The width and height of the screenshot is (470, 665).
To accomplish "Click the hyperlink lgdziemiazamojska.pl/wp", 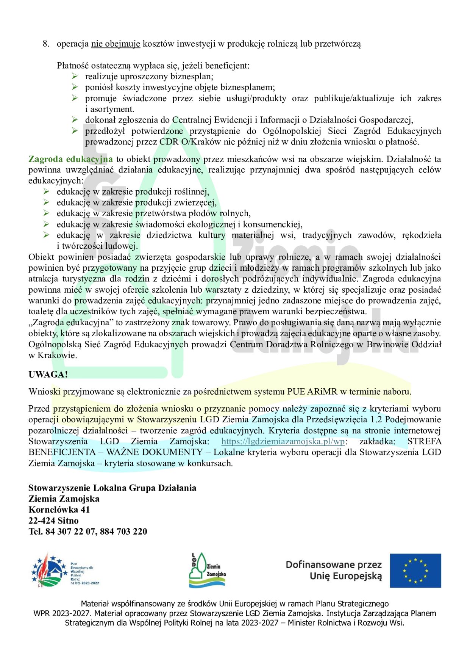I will (283, 441).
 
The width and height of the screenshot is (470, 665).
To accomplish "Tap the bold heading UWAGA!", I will (48, 375).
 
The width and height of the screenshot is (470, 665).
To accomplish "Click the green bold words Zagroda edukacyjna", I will (70, 159).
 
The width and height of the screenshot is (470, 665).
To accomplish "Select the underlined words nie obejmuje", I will (116, 44).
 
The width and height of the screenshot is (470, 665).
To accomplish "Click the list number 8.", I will (46, 44).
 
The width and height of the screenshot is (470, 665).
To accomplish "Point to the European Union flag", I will (415, 570).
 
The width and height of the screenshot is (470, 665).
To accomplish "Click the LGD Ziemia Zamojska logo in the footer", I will (207, 570).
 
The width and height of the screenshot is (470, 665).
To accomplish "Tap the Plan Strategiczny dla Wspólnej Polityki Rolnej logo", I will (65, 570).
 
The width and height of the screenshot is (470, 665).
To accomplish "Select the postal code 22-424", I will (42, 521).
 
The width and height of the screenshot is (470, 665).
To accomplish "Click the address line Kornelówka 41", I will (59, 510).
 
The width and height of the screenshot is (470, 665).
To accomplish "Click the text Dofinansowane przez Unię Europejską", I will (334, 570).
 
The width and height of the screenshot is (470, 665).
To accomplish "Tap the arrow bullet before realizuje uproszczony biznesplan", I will (75, 77).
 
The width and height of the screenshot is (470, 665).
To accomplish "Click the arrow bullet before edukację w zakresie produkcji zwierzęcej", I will (46, 202).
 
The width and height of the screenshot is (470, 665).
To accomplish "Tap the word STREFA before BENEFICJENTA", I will (424, 441).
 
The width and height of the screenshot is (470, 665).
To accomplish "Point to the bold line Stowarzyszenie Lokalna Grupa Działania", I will (112, 488).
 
